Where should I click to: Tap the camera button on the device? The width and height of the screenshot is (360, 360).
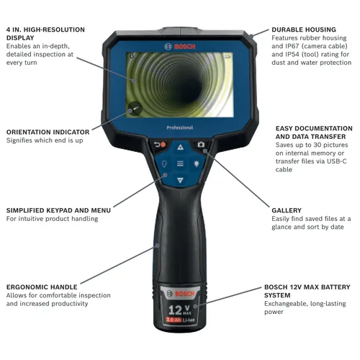(200, 145)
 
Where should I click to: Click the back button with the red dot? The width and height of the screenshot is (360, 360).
(160, 145)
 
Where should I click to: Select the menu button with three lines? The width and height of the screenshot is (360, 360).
(180, 163)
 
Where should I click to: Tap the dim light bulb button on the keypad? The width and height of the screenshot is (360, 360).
(164, 163)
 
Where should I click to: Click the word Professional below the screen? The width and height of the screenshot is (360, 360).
(180, 127)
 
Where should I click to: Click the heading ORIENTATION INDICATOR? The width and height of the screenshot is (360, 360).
(48, 132)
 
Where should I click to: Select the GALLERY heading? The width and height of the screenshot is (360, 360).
(287, 210)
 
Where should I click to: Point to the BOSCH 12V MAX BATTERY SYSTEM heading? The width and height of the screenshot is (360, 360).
(308, 291)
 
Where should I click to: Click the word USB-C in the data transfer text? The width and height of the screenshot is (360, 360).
(337, 162)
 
